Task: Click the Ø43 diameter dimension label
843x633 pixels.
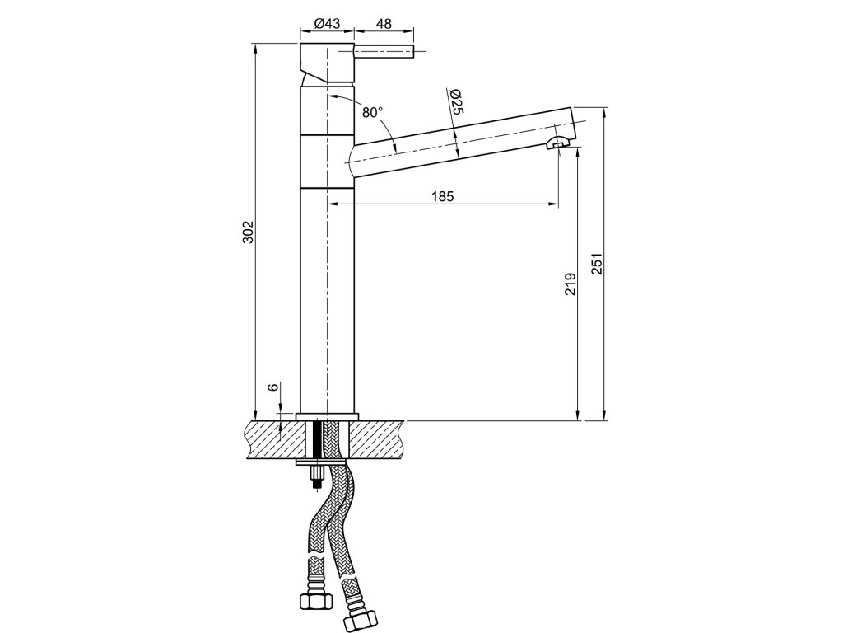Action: click(x=327, y=23)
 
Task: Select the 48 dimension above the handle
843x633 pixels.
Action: click(x=384, y=23)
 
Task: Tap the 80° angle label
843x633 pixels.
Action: click(x=372, y=111)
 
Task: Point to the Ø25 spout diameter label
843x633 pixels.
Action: click(x=458, y=101)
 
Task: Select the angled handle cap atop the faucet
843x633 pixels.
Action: click(x=327, y=63)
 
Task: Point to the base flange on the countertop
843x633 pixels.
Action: click(x=327, y=416)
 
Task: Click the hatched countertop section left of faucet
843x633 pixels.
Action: click(x=275, y=438)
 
